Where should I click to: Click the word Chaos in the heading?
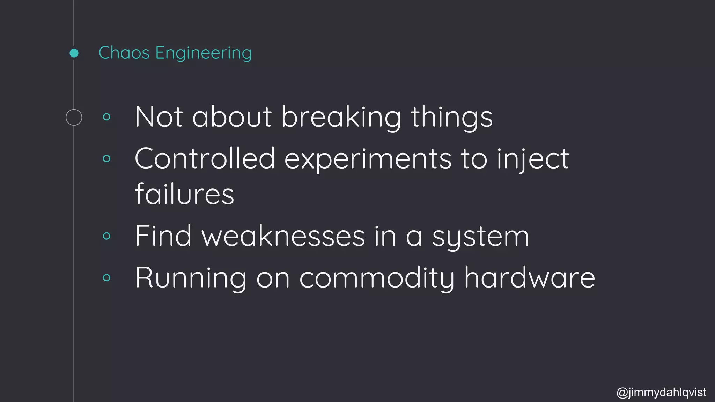[124, 53]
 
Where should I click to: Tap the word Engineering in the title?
[203, 53]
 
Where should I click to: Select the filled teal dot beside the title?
[74, 53]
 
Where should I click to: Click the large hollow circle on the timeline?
[74, 117]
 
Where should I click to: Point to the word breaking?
[341, 117]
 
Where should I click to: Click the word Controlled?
[205, 158]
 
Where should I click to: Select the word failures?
[184, 194]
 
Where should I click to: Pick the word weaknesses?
[283, 236]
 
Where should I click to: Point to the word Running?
[191, 278]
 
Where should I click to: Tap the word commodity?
[377, 278]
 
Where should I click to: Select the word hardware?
[529, 277]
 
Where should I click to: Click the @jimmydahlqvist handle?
[662, 392]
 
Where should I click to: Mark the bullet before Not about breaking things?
[107, 117]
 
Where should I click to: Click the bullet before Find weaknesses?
[107, 236]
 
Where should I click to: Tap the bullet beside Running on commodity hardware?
[107, 278]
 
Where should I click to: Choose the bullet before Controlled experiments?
[107, 159]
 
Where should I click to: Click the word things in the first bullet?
[451, 117]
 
